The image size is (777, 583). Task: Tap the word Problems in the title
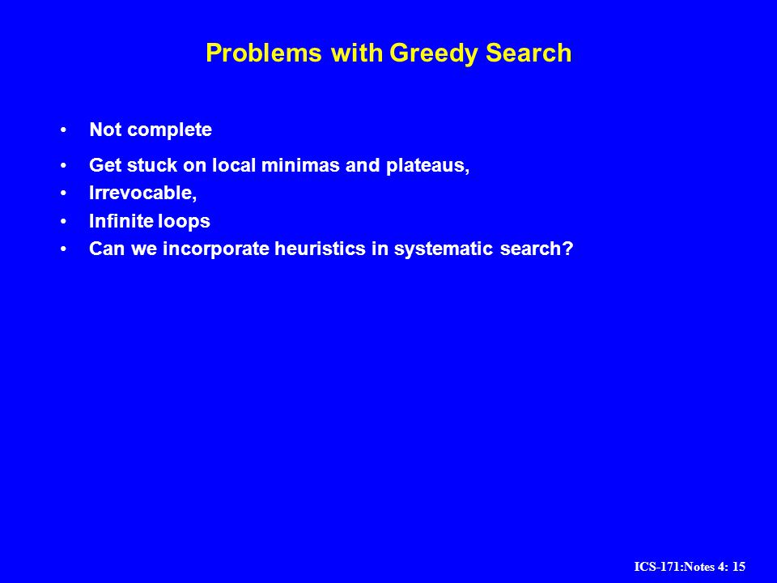pos(264,53)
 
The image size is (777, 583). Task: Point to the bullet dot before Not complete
pos(63,130)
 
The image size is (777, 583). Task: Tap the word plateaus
pos(427,166)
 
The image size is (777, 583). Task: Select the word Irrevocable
pos(142,193)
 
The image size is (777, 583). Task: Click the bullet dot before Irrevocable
pos(63,193)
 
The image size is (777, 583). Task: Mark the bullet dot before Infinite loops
pos(63,221)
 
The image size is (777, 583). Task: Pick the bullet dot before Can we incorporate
pos(63,249)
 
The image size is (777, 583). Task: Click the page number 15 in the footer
pos(739,567)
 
